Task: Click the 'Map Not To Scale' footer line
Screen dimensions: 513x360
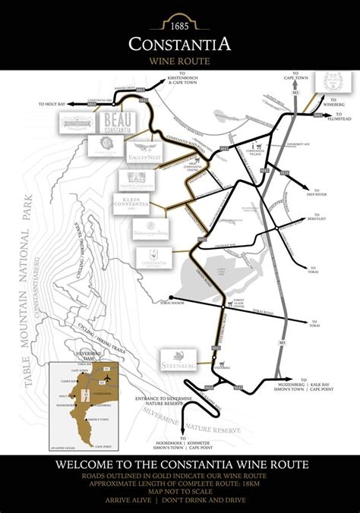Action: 179,491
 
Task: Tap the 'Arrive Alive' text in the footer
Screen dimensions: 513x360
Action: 138,501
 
